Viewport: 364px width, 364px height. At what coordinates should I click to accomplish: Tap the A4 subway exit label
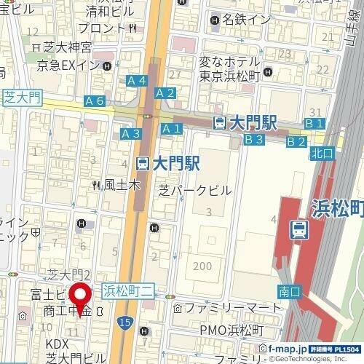[137, 80]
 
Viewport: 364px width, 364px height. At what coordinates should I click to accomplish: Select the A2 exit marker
[165, 92]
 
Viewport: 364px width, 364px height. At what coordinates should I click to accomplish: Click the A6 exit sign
[95, 101]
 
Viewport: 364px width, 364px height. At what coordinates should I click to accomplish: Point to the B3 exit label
[253, 139]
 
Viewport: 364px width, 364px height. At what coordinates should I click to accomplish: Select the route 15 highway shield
[127, 320]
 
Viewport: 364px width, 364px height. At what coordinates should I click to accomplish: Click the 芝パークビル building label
[195, 190]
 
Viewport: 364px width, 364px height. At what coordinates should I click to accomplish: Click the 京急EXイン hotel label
[70, 66]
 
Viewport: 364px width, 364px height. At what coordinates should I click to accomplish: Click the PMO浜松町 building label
[232, 331]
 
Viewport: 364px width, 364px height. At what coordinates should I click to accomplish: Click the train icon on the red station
[298, 229]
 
